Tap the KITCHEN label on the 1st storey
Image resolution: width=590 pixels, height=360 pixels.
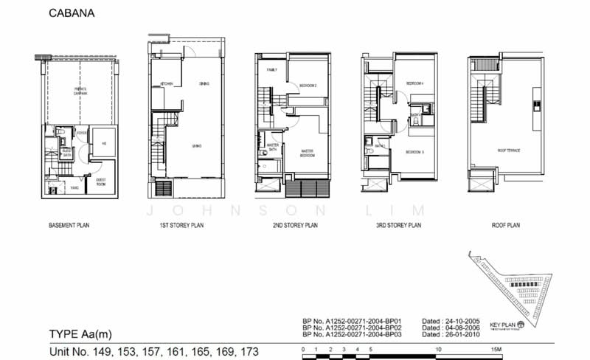point(167,84)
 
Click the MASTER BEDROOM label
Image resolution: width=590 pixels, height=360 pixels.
point(308,154)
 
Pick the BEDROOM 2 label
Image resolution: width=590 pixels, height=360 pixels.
point(308,86)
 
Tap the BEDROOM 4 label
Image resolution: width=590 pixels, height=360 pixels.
point(415,84)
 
